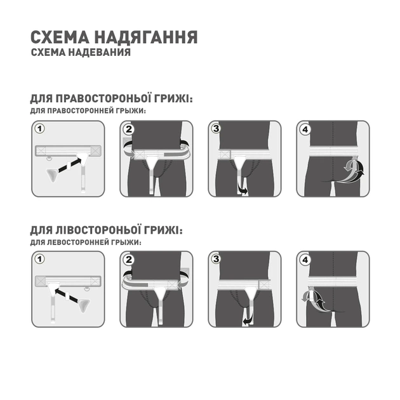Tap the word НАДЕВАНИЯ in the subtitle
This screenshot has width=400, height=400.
pyautogui.click(x=98, y=53)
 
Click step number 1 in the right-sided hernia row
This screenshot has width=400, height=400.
pyautogui.click(x=40, y=129)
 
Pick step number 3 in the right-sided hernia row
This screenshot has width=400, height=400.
pyautogui.click(x=217, y=130)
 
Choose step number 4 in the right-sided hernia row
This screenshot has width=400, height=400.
pyautogui.click(x=305, y=130)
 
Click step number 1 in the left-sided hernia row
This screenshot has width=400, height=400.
pyautogui.click(x=40, y=260)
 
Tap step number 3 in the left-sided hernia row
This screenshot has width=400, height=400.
pyautogui.click(x=217, y=260)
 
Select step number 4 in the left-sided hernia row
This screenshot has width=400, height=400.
pyautogui.click(x=305, y=260)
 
